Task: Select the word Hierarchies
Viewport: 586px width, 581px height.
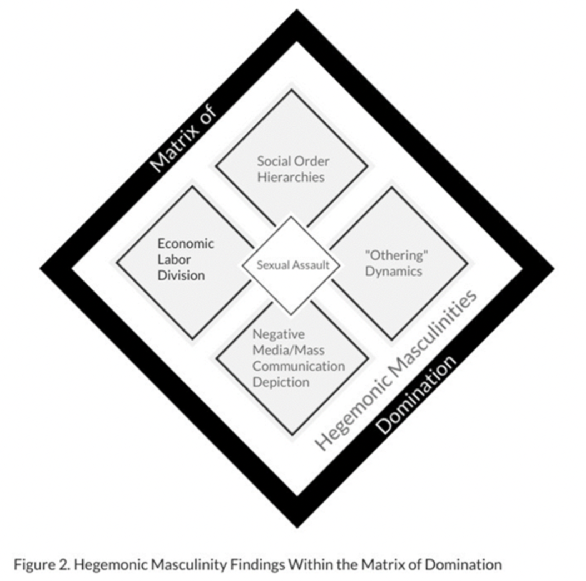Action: coord(290,178)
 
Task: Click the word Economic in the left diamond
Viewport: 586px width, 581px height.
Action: coord(185,244)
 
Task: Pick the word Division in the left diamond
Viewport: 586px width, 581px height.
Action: coord(181,275)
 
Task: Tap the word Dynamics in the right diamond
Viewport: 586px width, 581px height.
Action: coord(394,271)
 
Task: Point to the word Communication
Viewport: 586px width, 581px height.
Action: coord(298,366)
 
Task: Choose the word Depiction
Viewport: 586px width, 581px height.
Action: coord(280,382)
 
